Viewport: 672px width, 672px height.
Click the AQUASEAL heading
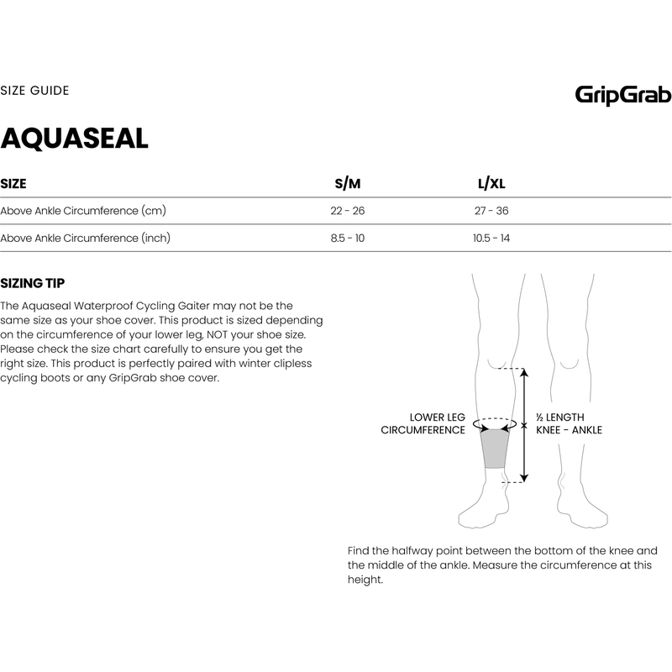pyautogui.click(x=75, y=139)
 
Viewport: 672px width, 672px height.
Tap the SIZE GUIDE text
pyautogui.click(x=34, y=90)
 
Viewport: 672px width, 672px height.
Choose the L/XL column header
pyautogui.click(x=491, y=184)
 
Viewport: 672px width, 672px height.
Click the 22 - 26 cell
pyautogui.click(x=347, y=211)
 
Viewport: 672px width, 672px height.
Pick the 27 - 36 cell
pyautogui.click(x=491, y=211)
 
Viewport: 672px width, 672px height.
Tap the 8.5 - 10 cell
pyautogui.click(x=347, y=239)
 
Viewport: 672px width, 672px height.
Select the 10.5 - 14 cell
pyautogui.click(x=491, y=239)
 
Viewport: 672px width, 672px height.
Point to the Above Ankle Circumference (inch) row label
pyautogui.click(x=86, y=239)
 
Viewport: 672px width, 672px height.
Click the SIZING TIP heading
pyautogui.click(x=33, y=283)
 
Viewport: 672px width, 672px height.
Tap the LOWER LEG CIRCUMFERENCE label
pyautogui.click(x=423, y=423)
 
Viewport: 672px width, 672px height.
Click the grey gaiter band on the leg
pyautogui.click(x=496, y=449)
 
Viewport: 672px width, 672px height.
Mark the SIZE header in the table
pyautogui.click(x=13, y=184)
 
